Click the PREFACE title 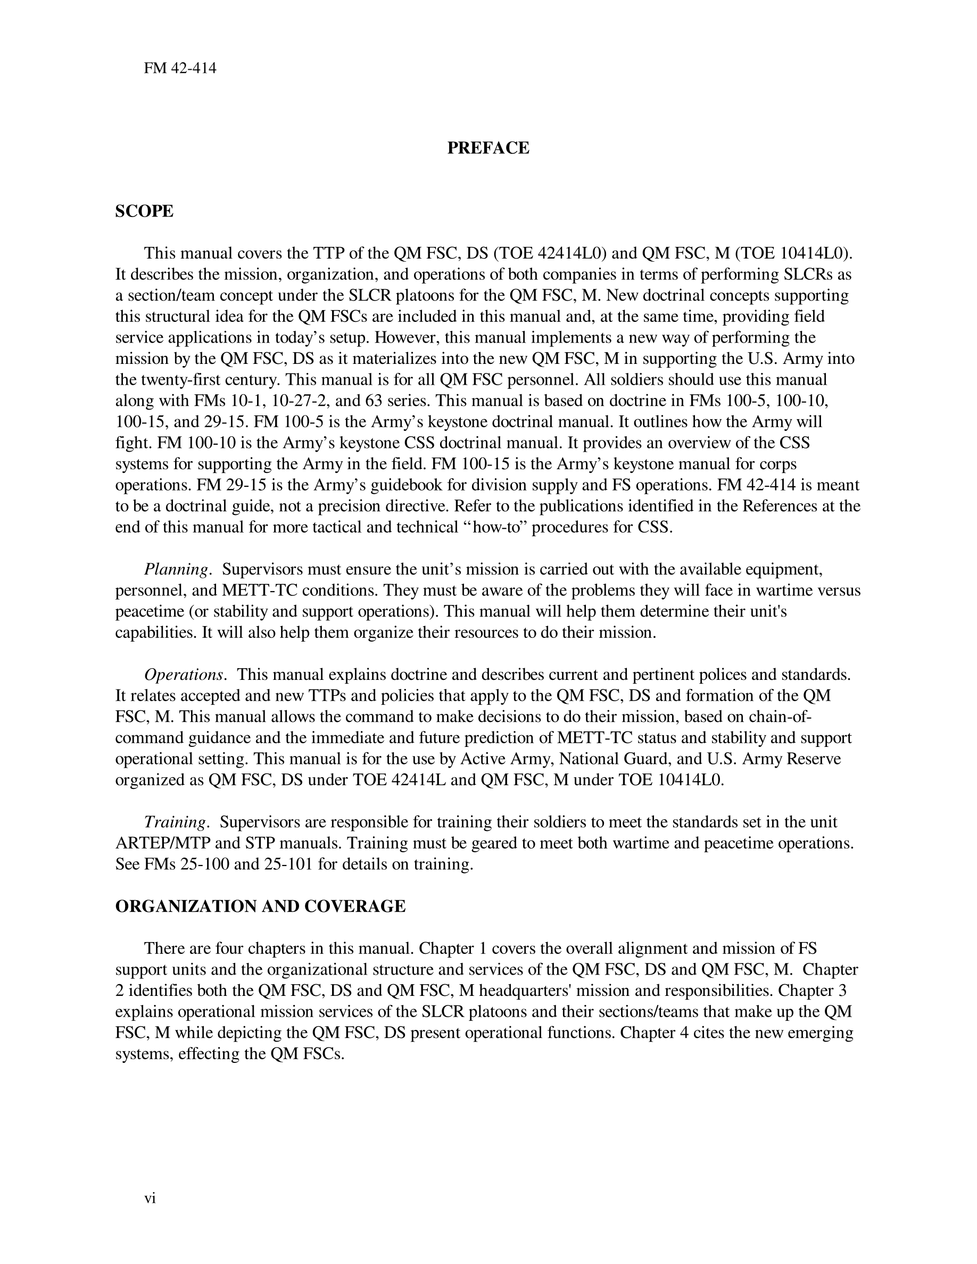[x=488, y=148]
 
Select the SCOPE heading [x=144, y=211]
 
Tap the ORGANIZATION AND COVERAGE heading [x=260, y=907]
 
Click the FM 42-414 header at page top [x=180, y=68]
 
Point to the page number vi [x=150, y=1198]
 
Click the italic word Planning [x=176, y=570]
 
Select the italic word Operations [x=184, y=675]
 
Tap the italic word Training [x=175, y=822]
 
